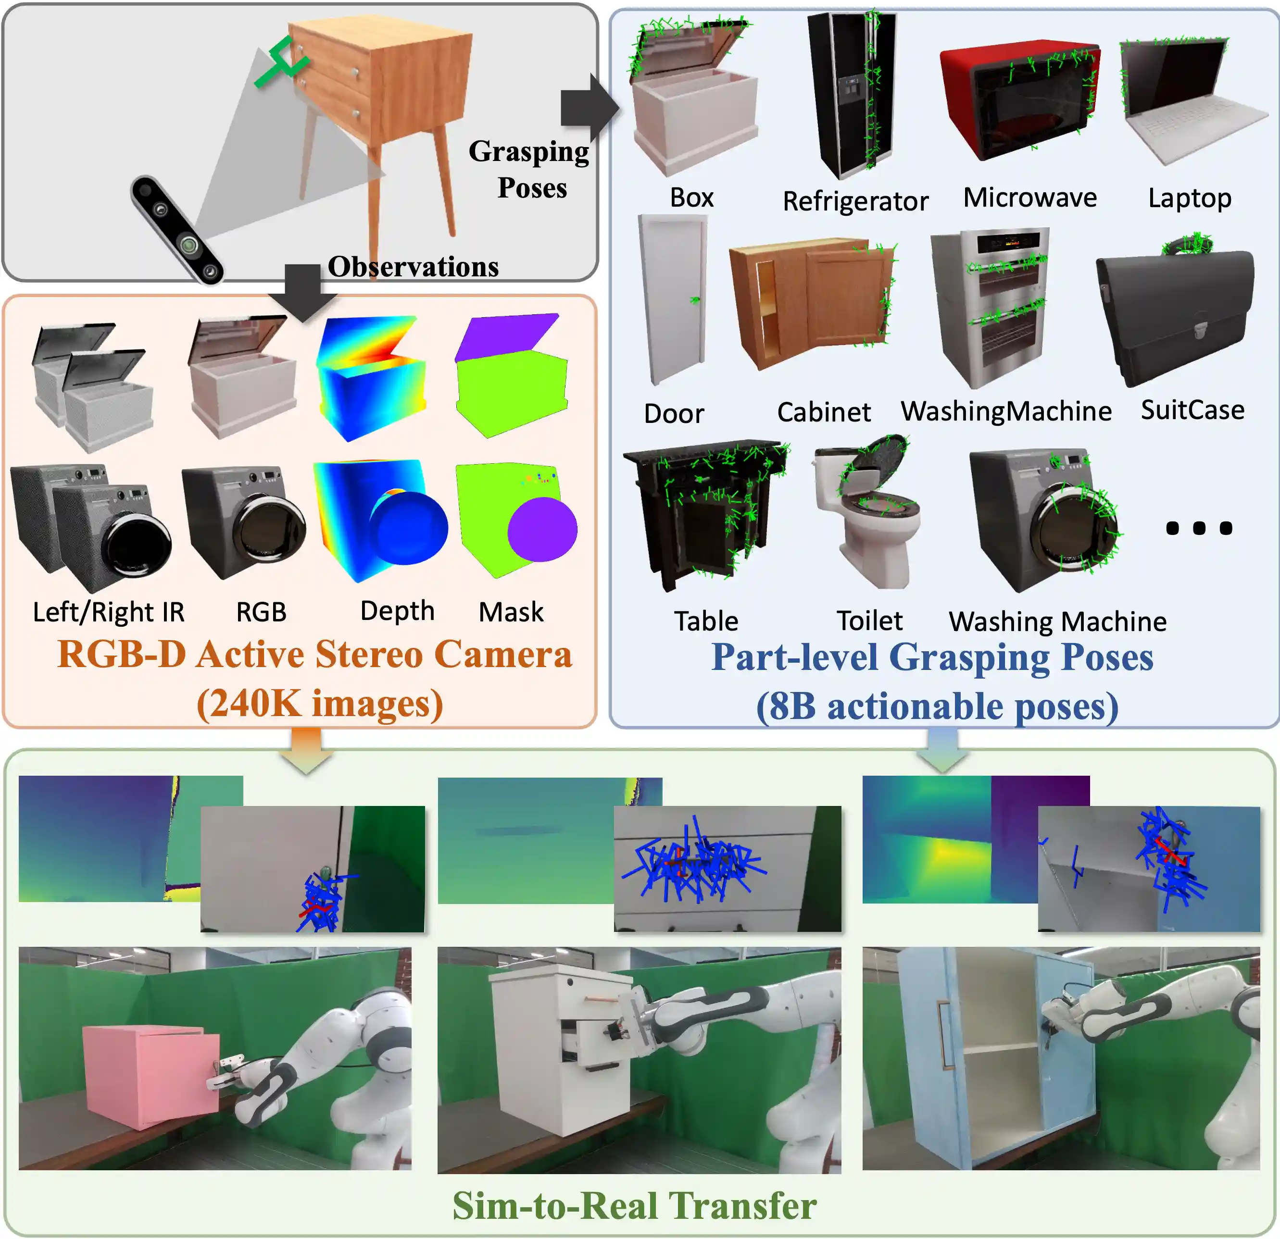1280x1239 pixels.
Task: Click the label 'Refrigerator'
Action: [855, 201]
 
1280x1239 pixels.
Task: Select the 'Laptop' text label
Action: [1190, 198]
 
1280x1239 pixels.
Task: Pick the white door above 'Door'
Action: [673, 299]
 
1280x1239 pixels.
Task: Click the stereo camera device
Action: [176, 228]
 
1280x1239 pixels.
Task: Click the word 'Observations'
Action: [413, 266]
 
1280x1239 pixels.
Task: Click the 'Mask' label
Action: [511, 612]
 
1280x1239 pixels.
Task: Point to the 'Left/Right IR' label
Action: [108, 612]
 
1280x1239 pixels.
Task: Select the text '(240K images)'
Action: [320, 704]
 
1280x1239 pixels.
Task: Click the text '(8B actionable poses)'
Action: [937, 706]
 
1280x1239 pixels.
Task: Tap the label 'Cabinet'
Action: [824, 412]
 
